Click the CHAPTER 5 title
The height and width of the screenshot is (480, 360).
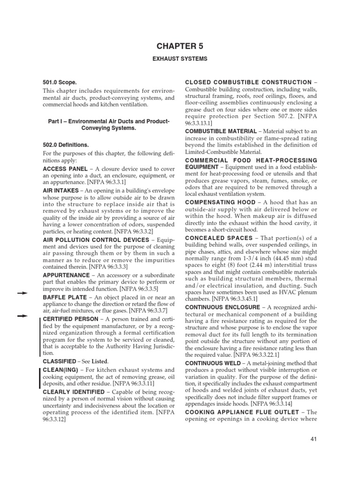(x=180, y=46)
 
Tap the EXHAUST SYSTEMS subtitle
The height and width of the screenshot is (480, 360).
(x=180, y=59)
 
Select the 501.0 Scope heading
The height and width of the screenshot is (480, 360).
(x=60, y=82)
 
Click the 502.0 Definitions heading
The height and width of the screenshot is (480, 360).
(x=66, y=145)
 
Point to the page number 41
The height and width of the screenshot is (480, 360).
(x=315, y=439)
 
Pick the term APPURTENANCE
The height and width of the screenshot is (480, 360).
(x=66, y=275)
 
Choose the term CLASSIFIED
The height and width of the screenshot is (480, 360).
(x=60, y=361)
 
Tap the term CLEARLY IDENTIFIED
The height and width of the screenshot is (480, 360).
(x=73, y=391)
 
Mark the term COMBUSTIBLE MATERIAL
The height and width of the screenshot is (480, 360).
(x=221, y=132)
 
